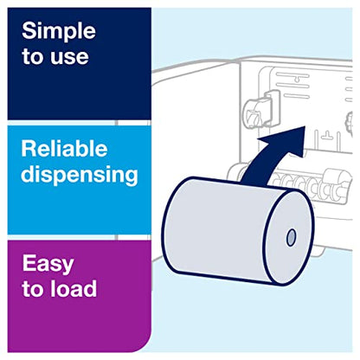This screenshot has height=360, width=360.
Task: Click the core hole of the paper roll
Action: (289, 236)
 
